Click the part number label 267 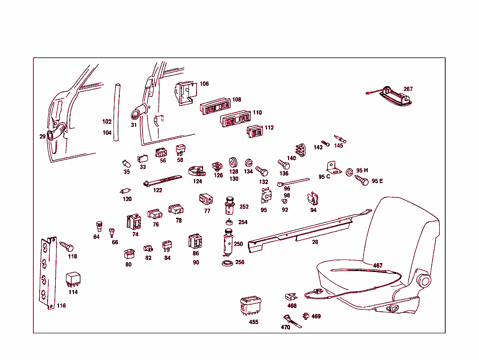click(408, 89)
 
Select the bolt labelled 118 click(66, 246)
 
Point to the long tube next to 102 click(117, 112)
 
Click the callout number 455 click(254, 322)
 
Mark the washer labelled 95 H click(349, 172)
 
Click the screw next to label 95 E click(362, 180)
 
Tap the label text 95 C click(324, 176)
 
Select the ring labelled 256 click(227, 263)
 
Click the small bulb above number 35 click(126, 163)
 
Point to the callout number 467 click(377, 265)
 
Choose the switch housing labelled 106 click(185, 93)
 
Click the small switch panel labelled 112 click(254, 132)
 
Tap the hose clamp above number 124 click(197, 171)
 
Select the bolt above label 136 click(283, 164)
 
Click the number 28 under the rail click(315, 242)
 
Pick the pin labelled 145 click(340, 139)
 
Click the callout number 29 click(43, 136)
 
